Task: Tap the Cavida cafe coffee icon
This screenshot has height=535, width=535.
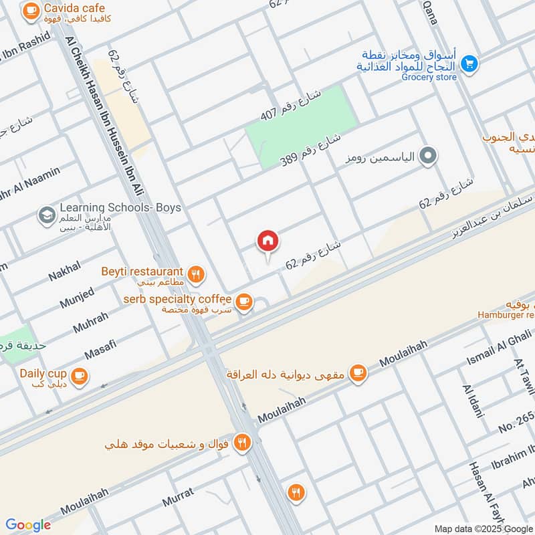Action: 30,11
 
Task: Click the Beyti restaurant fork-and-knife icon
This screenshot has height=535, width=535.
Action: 195,273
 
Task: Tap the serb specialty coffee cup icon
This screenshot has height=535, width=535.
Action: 244,302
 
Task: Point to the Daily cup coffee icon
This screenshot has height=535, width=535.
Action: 80,377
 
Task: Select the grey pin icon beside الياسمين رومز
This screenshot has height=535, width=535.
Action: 429,158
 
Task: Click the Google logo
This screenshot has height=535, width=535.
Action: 28,525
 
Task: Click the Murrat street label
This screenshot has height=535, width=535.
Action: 177,496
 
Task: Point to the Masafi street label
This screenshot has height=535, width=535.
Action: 100,348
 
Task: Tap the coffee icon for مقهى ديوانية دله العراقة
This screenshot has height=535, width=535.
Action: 358,372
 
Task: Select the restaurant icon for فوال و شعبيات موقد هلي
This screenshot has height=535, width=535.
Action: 242,442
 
